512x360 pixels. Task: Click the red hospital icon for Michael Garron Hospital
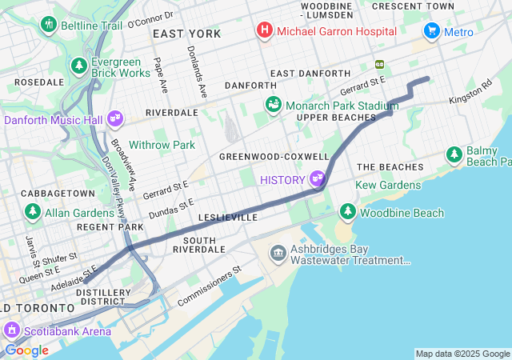tap(263, 31)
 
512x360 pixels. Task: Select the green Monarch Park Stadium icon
tap(274, 105)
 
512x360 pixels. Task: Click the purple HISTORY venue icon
tap(318, 179)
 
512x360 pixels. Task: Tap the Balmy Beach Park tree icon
tap(454, 152)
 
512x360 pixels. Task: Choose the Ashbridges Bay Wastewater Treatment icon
tap(278, 254)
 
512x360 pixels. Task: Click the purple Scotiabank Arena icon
tap(12, 329)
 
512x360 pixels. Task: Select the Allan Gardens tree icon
tap(33, 212)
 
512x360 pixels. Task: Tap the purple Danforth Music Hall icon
tap(115, 120)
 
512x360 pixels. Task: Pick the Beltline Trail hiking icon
tap(49, 25)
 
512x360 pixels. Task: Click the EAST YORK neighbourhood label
tap(186, 34)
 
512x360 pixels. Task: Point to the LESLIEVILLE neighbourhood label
tap(227, 217)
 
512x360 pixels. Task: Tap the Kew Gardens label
tap(388, 185)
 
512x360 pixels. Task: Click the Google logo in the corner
tap(26, 350)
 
